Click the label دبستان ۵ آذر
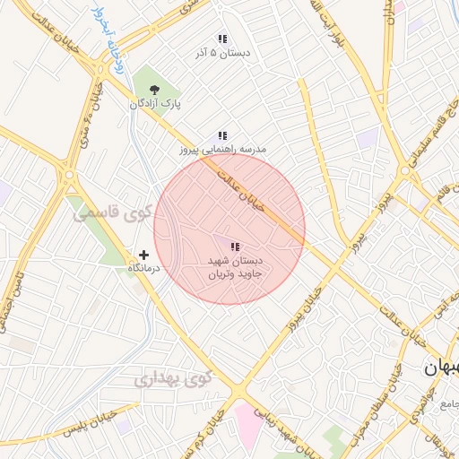pyautogui.click(x=221, y=54)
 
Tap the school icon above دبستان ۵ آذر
pyautogui.click(x=222, y=39)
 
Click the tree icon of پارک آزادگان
pyautogui.click(x=154, y=90)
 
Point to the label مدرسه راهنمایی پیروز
pyautogui.click(x=223, y=150)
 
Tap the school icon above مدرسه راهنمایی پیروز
pyautogui.click(x=222, y=135)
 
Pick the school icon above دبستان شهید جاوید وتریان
pyautogui.click(x=235, y=247)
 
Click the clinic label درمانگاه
pyautogui.click(x=144, y=269)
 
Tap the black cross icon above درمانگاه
pyautogui.click(x=144, y=255)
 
